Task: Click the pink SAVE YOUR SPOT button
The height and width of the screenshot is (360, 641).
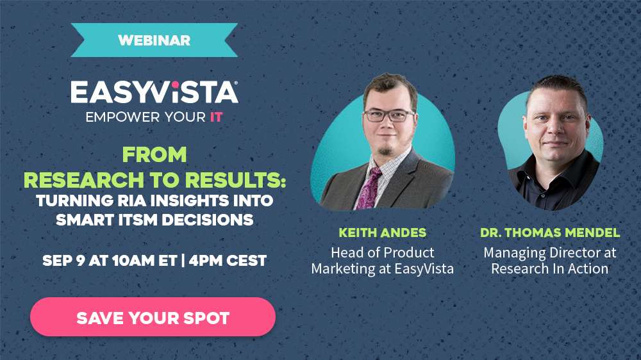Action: [x=153, y=317]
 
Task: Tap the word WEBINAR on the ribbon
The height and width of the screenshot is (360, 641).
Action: [x=154, y=40]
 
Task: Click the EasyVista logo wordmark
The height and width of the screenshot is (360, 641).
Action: [x=154, y=92]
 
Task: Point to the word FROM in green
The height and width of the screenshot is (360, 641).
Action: [x=154, y=154]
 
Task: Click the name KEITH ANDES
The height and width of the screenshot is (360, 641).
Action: [x=382, y=233]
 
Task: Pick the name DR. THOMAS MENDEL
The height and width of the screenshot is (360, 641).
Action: [x=549, y=233]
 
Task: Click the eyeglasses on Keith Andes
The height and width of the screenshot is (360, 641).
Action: [x=388, y=116]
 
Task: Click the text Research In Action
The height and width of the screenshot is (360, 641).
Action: [x=549, y=268]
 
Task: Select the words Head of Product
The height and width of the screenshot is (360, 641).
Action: [x=382, y=252]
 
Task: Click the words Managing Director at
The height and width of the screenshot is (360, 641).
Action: [x=549, y=252]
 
